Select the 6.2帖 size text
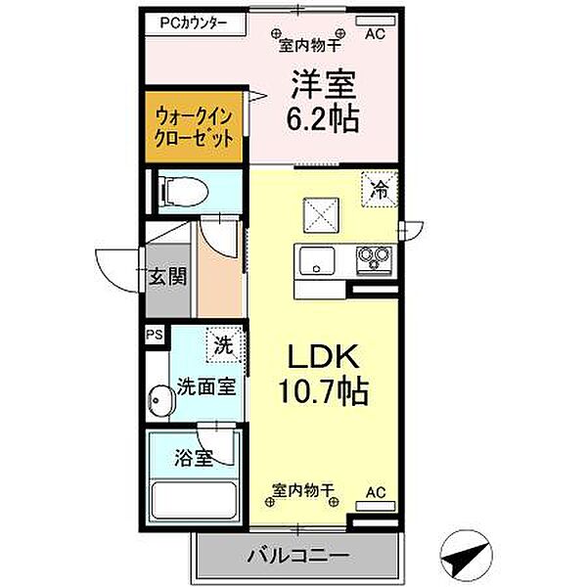(x=321, y=119)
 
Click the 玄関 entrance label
(x=167, y=278)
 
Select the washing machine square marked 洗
(x=224, y=344)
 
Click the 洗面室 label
(x=205, y=386)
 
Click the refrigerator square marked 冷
(x=379, y=189)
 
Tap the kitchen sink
(x=314, y=260)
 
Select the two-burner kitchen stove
(x=372, y=258)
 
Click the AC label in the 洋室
(x=374, y=34)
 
